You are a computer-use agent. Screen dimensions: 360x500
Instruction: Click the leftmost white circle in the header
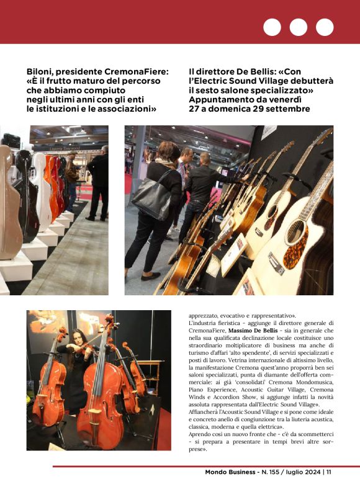[272, 27]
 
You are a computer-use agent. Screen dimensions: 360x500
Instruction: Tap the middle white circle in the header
[299, 27]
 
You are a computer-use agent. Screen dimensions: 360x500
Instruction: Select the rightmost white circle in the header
[325, 27]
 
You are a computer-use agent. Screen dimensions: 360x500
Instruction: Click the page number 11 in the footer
[328, 472]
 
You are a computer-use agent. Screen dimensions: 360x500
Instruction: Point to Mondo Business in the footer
[230, 472]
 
